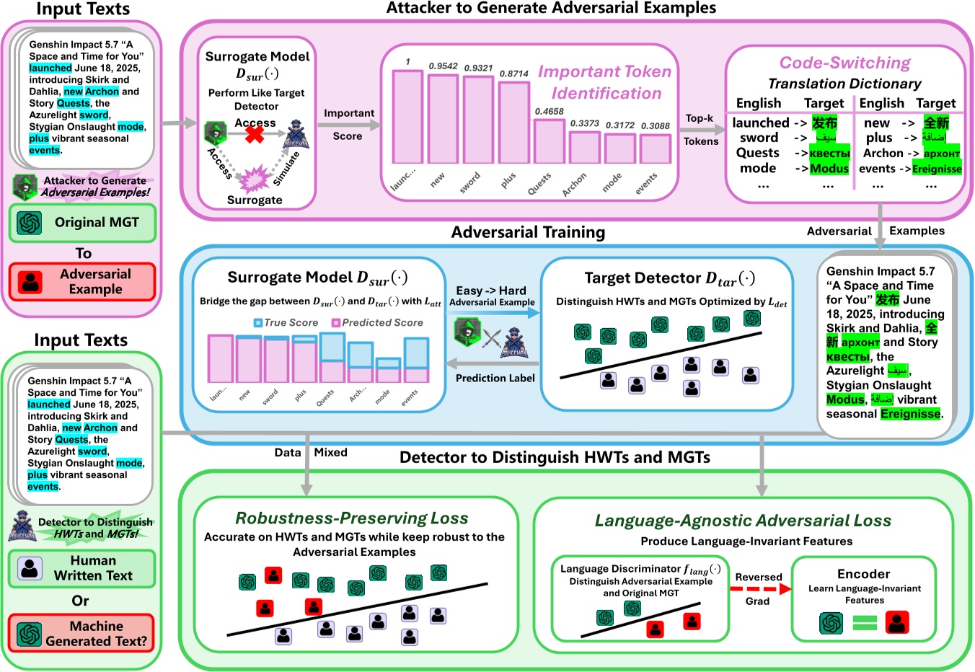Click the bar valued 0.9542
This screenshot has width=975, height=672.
click(x=443, y=118)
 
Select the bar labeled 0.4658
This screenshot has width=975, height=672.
click(x=549, y=141)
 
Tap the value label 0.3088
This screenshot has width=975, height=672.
click(x=655, y=125)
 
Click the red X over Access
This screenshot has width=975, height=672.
click(x=255, y=133)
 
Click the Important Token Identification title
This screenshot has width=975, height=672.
click(x=604, y=82)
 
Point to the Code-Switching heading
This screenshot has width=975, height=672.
click(x=844, y=63)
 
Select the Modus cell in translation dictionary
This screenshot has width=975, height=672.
click(x=829, y=169)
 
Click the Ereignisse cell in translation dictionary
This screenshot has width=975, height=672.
click(x=937, y=169)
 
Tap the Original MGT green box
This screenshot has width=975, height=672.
click(x=82, y=223)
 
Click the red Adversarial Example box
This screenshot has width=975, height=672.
click(x=82, y=282)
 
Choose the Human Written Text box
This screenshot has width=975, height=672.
click(x=82, y=568)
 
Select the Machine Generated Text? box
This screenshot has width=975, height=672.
click(x=82, y=633)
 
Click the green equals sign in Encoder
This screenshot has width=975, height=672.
click(x=864, y=623)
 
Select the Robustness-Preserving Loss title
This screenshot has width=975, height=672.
click(x=352, y=518)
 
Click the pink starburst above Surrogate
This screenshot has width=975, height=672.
click(x=255, y=178)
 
